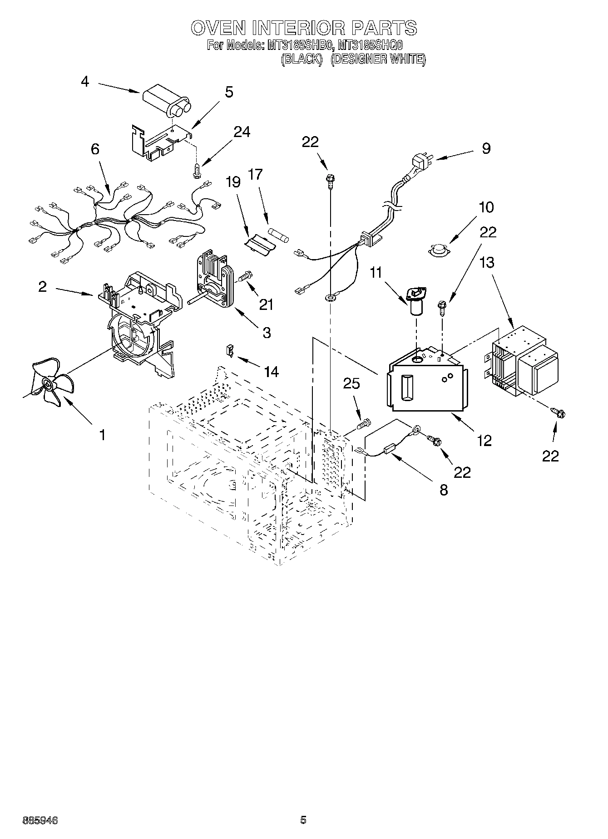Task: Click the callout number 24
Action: click(242, 132)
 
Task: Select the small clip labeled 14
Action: click(231, 350)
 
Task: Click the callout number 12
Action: click(484, 440)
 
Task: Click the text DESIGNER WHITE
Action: click(378, 59)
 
